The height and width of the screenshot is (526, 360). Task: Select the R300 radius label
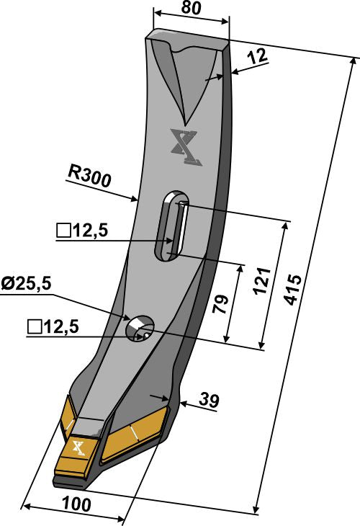pos(90,175)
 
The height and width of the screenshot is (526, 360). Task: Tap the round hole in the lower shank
pos(139,328)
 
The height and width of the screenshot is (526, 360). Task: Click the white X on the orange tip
pos(78,448)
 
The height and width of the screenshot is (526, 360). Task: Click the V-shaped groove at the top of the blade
pos(186,79)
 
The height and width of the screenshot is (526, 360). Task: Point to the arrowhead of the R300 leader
pos(135,199)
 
